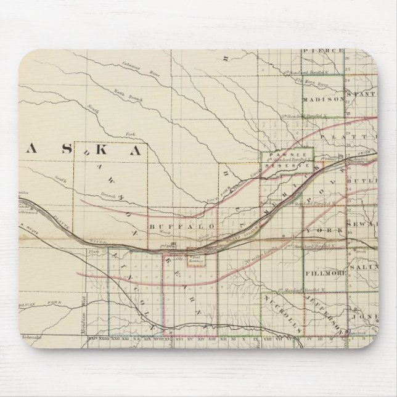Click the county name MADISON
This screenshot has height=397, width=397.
tap(322, 99)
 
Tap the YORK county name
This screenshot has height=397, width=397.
tap(320, 229)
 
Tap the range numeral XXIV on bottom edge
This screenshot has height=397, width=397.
tap(93, 338)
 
